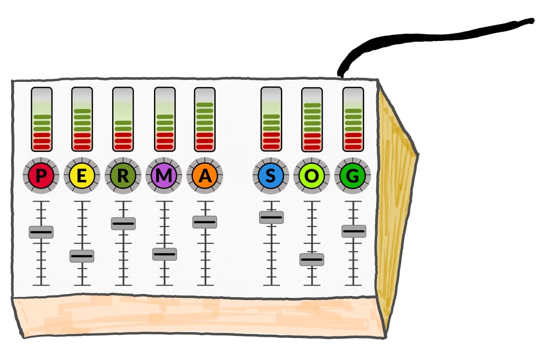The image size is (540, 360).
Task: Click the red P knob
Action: pyautogui.click(x=41, y=176)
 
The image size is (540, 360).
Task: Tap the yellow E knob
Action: pyautogui.click(x=82, y=176)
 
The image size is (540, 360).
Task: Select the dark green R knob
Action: pyautogui.click(x=123, y=176)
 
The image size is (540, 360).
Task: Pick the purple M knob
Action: pyautogui.click(x=164, y=176)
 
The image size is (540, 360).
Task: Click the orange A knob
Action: pyautogui.click(x=205, y=176)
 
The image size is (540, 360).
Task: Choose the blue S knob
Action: pyautogui.click(x=271, y=176)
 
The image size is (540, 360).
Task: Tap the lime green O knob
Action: pyautogui.click(x=312, y=176)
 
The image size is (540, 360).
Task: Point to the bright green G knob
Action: pyautogui.click(x=353, y=176)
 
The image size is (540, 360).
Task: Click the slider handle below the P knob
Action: pyautogui.click(x=41, y=232)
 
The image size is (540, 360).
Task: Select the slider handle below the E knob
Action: pyautogui.click(x=82, y=256)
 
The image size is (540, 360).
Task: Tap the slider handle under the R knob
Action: pyautogui.click(x=123, y=224)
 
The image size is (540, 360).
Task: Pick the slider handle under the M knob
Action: pyautogui.click(x=165, y=254)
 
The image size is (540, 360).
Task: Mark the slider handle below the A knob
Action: pyautogui.click(x=205, y=222)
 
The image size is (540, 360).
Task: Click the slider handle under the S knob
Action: pyautogui.click(x=271, y=217)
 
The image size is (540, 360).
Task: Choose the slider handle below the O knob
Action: pyautogui.click(x=312, y=260)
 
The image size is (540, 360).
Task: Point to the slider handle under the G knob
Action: pyautogui.click(x=354, y=231)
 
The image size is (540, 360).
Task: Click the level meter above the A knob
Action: pyautogui.click(x=205, y=119)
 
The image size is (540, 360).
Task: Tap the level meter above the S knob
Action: pyautogui.click(x=271, y=119)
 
